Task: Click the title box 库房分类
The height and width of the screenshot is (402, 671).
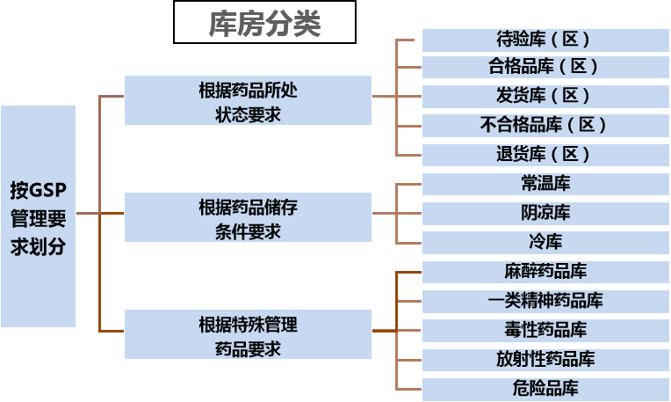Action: point(264,23)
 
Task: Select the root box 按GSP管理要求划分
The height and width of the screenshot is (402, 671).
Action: point(38,216)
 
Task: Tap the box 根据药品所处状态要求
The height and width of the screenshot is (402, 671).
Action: point(248,100)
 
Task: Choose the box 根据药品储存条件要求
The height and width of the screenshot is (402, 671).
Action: point(248,217)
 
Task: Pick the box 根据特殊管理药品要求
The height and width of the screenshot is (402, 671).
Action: point(248,334)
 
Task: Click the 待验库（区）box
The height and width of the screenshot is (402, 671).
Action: point(545,40)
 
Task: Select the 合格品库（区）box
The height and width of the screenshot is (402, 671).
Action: point(545,67)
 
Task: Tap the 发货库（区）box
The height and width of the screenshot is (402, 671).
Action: point(545,96)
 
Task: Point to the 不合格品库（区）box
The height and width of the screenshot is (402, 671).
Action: point(545,125)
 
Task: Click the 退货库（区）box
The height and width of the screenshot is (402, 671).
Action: point(545,155)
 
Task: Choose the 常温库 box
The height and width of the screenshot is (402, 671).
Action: point(545,184)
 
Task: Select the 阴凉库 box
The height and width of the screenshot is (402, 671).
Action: point(545,213)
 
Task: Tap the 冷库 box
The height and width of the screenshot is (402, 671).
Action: point(545,242)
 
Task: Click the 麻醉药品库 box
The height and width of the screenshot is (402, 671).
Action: point(545,272)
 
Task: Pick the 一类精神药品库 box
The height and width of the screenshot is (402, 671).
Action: point(545,301)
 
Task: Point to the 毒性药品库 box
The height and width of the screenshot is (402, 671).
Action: point(545,331)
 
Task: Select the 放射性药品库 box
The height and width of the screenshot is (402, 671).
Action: point(545,360)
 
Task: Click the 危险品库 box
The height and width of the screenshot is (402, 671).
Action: point(545,389)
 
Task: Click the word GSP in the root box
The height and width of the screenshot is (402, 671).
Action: point(48,190)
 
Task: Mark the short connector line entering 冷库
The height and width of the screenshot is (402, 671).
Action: point(409,243)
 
